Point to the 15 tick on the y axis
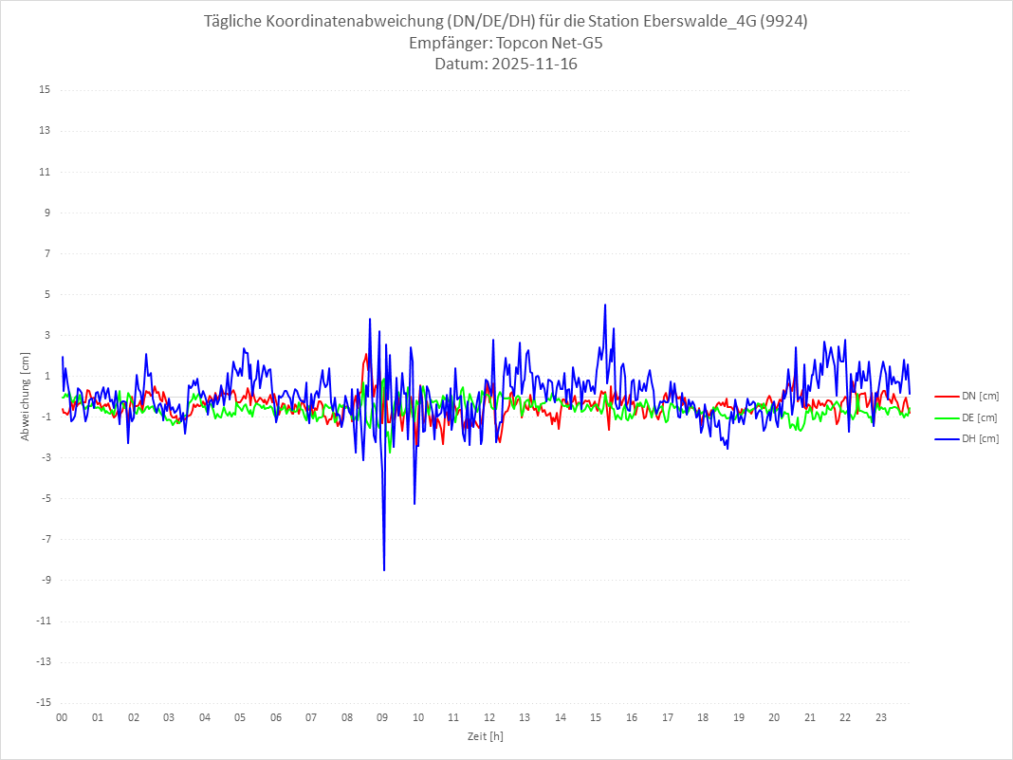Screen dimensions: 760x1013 [45, 90]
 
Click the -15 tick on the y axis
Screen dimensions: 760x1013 [43, 703]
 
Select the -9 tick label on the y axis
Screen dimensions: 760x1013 [45, 581]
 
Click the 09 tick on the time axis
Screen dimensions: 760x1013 [382, 718]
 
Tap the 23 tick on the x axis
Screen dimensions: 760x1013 [881, 718]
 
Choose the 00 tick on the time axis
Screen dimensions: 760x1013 [62, 718]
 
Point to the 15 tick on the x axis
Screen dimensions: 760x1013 [596, 718]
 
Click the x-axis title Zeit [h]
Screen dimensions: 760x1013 [486, 736]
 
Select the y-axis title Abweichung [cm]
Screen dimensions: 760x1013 [26, 397]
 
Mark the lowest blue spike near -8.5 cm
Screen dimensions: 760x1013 [384, 570]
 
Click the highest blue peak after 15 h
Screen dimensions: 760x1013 [604, 306]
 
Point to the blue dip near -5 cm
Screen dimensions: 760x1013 [414, 503]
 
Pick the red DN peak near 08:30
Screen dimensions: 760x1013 [366, 355]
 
